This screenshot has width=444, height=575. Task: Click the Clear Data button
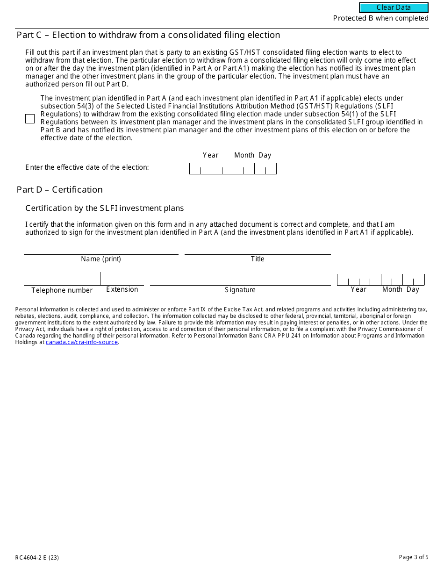[394, 7]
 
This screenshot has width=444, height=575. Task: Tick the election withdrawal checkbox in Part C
[30, 119]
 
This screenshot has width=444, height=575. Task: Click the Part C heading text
[148, 35]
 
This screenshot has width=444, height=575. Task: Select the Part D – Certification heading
[59, 189]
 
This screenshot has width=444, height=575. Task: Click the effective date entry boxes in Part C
[233, 169]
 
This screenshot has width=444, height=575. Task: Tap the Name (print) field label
[101, 259]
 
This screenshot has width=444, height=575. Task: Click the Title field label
[258, 259]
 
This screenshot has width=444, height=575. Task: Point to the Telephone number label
[62, 290]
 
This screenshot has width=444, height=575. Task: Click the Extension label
[122, 289]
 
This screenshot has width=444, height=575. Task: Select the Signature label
[240, 290]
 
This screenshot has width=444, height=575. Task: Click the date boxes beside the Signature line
[380, 280]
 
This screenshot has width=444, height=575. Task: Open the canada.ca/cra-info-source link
[82, 342]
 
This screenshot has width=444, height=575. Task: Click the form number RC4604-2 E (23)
[37, 557]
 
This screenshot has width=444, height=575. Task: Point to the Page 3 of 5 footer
[414, 557]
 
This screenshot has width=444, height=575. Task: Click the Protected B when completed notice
[380, 18]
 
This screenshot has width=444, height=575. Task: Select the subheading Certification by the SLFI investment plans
[105, 208]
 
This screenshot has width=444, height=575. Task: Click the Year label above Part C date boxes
[210, 155]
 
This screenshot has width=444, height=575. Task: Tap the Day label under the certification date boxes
[413, 289]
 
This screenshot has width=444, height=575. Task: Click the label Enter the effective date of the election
[87, 167]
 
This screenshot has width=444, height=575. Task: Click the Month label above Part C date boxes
[244, 155]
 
